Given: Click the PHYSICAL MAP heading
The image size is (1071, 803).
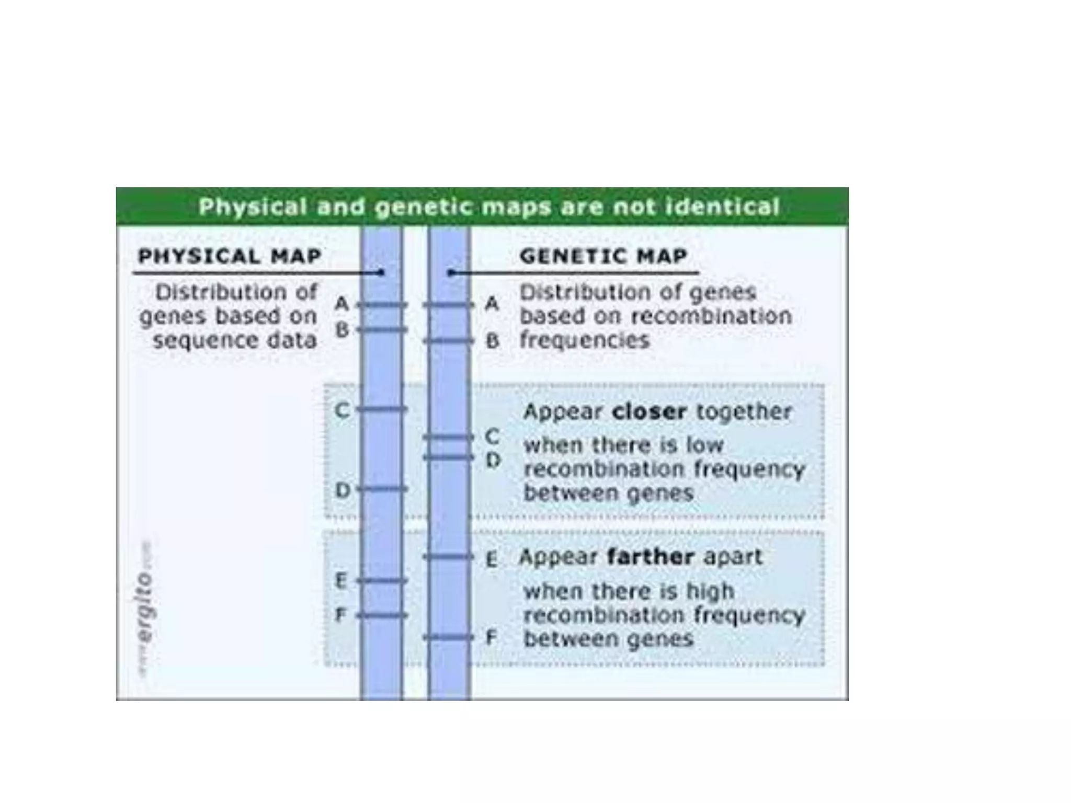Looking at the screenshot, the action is pos(229,256).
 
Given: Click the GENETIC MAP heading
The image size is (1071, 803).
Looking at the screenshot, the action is pos(603,256).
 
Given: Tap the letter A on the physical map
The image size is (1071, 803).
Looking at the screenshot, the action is pos(341,303).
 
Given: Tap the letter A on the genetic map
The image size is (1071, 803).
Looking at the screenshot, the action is pos(492,303).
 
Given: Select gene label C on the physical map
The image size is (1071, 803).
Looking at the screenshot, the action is pos(341,410).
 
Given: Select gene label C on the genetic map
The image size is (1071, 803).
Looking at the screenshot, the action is pos(492,436).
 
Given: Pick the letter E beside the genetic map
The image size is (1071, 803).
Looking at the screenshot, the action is pos(491,560).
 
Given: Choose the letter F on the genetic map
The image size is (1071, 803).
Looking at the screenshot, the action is pos(491,638).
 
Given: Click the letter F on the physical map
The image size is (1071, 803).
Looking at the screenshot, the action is pos(340,615).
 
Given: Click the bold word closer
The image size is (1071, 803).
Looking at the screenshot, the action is pos(648,412).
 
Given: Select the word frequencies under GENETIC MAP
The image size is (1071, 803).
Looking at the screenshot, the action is pos(584,341).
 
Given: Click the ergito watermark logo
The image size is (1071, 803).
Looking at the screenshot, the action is pos(145,606).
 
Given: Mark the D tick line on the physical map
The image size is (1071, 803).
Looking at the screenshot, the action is pos(382,489).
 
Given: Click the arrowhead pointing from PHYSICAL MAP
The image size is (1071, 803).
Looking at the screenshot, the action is pos(381,272).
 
